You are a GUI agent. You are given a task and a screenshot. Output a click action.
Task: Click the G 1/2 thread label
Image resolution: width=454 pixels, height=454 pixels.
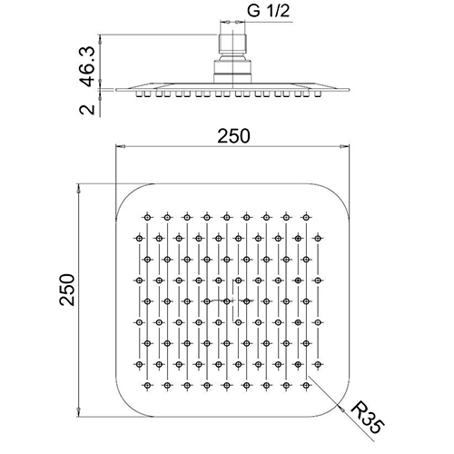point(268,11)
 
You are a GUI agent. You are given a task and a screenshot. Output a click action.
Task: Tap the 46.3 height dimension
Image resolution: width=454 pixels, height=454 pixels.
point(87,66)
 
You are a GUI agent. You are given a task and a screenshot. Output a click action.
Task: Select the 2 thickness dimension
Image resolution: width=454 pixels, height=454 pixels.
point(87,109)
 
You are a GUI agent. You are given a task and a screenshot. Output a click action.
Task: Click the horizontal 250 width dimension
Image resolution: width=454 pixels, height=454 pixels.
point(233,136)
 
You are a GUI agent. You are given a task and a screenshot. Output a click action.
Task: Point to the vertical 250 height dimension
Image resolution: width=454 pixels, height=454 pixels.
point(67,290)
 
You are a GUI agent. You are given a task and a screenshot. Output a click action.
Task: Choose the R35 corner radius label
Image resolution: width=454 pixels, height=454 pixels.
point(367,418)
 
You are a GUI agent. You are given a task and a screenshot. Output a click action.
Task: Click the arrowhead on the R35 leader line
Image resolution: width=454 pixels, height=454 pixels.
point(341,409)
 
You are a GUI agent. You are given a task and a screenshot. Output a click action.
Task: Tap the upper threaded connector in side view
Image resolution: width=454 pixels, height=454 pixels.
point(232,44)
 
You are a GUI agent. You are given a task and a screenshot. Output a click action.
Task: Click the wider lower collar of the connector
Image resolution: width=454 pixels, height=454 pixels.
point(232,72)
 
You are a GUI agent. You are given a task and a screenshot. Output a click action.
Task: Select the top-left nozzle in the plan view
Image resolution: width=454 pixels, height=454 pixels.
point(147,217)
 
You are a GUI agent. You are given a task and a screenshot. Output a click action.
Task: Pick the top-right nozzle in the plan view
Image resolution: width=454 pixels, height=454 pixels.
point(306,217)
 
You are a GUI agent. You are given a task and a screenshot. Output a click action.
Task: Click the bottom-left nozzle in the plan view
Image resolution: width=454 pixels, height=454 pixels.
point(147,385)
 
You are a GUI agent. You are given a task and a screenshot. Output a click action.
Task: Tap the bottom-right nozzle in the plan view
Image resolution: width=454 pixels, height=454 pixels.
point(306,385)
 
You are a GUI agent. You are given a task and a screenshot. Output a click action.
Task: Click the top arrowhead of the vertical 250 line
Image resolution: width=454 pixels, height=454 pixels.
point(79,189)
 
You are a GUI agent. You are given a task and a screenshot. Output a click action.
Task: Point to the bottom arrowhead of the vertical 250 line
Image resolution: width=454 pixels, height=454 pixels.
point(79,412)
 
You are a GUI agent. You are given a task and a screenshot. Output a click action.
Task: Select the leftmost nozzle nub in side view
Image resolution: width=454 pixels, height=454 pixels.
point(140,94)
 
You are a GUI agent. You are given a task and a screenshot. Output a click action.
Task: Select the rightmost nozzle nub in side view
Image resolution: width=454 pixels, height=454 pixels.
point(318,94)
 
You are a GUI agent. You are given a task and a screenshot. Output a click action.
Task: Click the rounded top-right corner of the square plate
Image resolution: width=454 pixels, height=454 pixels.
point(339,195)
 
